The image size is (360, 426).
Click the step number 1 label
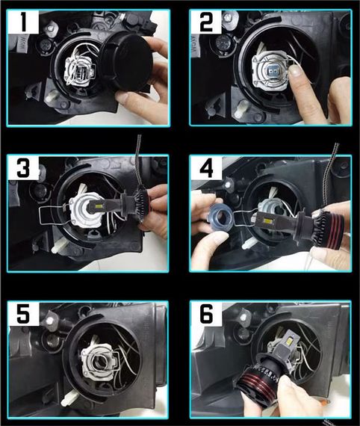24,22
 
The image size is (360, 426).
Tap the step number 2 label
206,22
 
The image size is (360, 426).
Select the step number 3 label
23,168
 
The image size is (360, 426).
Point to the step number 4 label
206,168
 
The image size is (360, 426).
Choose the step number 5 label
23,314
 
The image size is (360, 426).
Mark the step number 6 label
206,314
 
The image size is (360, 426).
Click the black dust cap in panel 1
127,62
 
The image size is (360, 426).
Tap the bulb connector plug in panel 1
81,71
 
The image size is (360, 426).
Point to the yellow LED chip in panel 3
99,208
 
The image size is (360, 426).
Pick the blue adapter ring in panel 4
219,219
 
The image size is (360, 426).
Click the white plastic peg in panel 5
69,398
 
